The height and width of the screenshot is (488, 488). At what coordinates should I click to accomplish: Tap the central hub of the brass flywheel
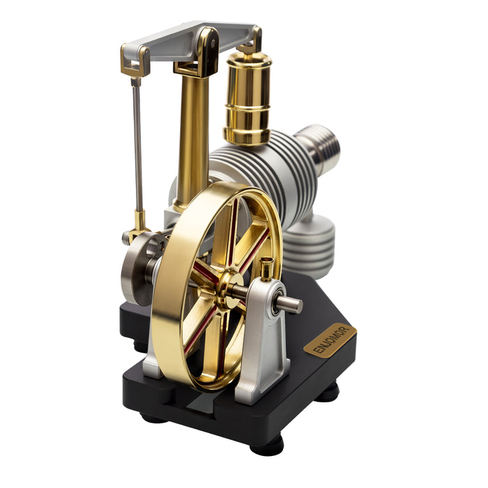pyautogui.click(x=231, y=289)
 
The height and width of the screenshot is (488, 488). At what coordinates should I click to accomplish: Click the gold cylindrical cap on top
pyautogui.click(x=247, y=97)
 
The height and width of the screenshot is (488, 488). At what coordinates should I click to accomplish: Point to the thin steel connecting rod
pyautogui.click(x=137, y=146)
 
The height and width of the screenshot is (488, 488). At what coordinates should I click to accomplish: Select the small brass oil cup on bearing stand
pyautogui.click(x=267, y=269)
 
